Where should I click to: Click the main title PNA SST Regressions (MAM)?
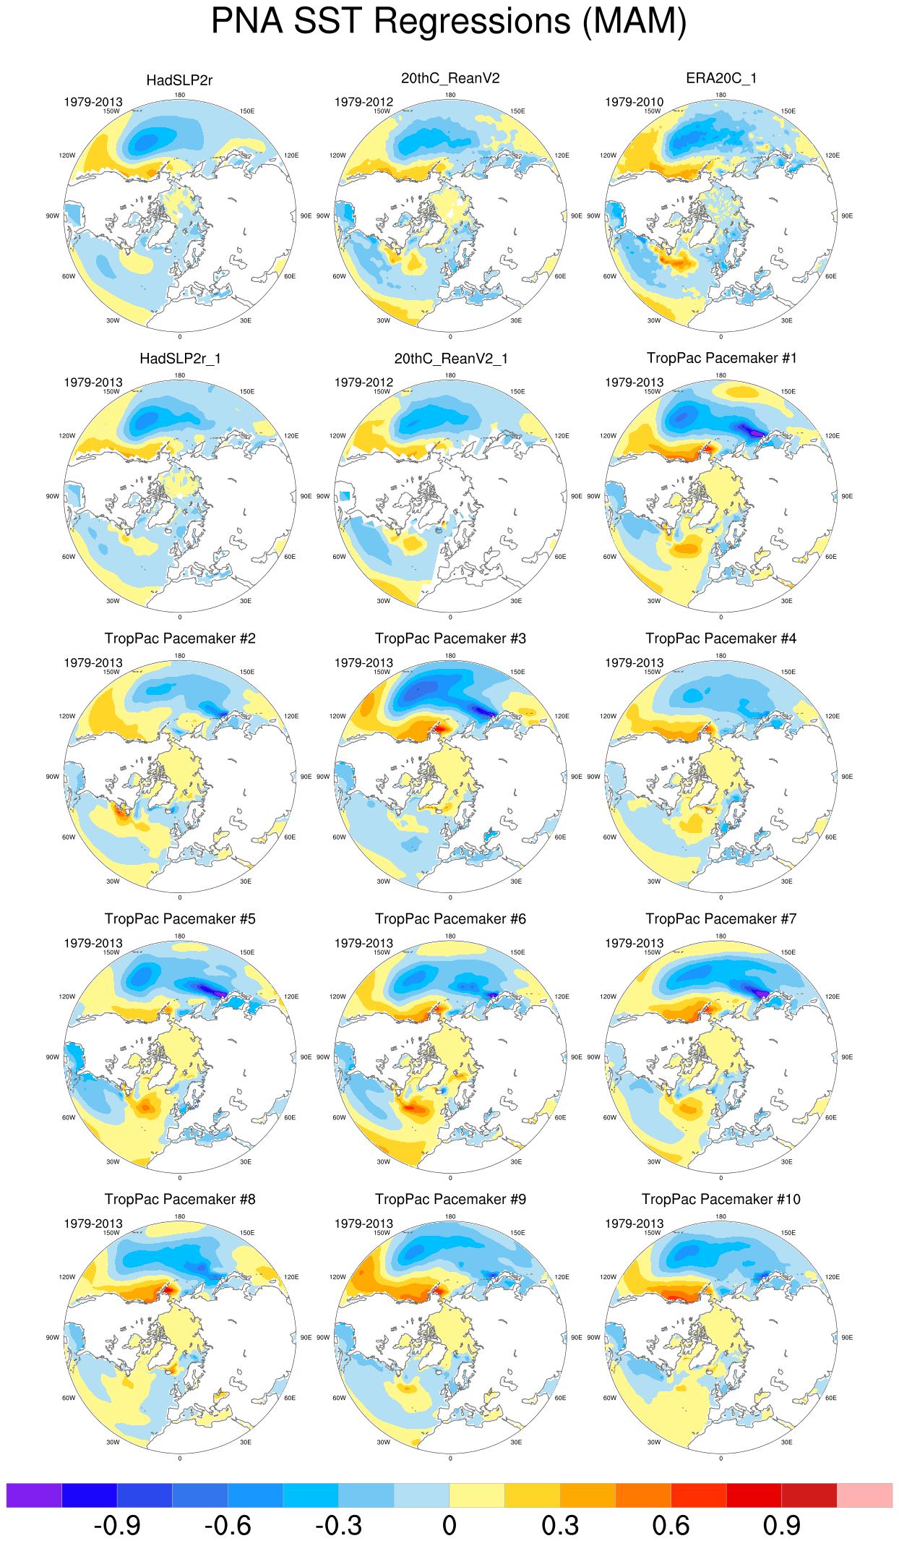point(449,22)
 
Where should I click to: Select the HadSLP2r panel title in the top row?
point(179,80)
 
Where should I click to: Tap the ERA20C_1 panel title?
point(721,78)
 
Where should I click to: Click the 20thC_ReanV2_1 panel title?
point(450,359)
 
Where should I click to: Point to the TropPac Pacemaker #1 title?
point(721,358)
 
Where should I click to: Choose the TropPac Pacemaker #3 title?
point(450,639)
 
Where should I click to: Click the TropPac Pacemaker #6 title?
point(450,919)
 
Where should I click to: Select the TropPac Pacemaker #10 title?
point(721,1200)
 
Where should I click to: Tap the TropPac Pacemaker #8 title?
point(180,1200)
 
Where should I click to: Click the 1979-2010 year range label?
point(634,102)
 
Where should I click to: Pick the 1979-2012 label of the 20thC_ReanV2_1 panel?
point(364,383)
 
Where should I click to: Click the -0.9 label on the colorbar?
point(117,1526)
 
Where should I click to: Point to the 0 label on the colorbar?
point(449,1526)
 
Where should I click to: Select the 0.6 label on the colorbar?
point(671,1526)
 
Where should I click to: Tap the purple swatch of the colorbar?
point(34,1495)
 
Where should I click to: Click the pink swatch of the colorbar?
point(864,1495)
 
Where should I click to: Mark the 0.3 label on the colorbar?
point(560,1526)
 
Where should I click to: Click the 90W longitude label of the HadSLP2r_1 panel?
point(53,497)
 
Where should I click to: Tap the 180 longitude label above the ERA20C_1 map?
point(721,95)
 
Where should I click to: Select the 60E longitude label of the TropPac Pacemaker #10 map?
point(831,1398)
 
